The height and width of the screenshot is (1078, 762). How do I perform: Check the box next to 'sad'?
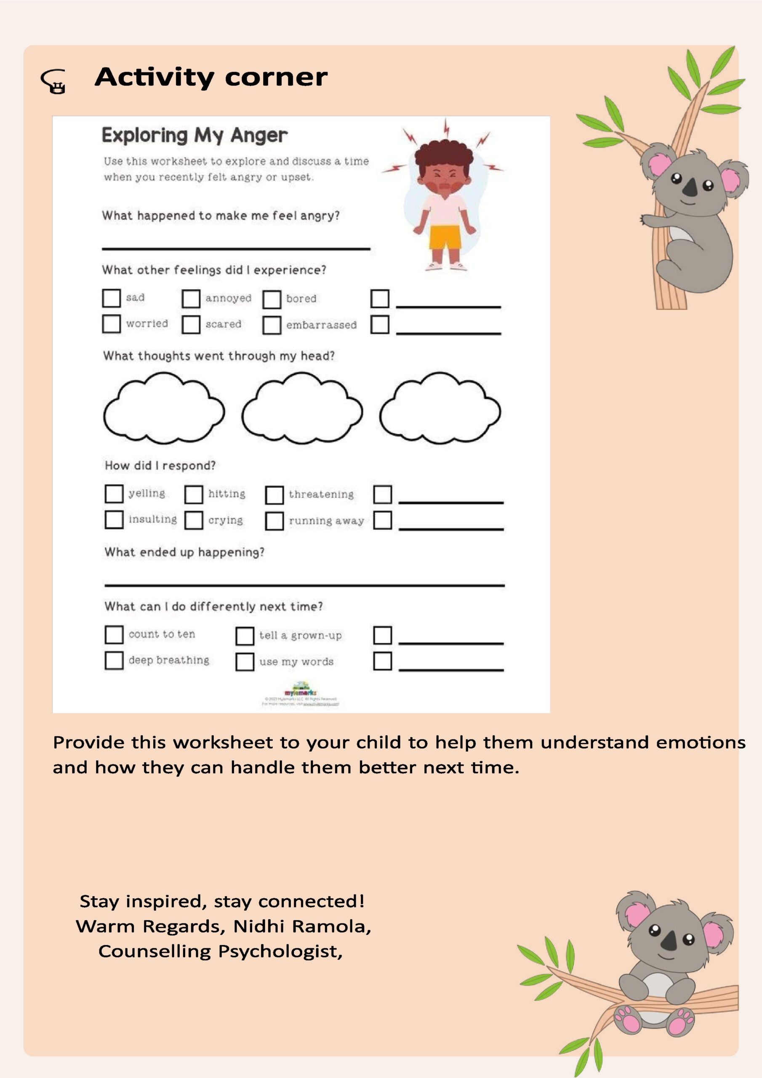(x=111, y=298)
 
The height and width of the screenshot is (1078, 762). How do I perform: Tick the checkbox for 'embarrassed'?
(x=272, y=325)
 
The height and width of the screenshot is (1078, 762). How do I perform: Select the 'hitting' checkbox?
(x=193, y=494)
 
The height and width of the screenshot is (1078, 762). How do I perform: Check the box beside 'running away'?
(x=274, y=521)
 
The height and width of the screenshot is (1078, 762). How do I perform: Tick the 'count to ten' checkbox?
(x=114, y=635)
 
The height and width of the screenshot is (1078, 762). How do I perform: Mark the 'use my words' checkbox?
(x=245, y=662)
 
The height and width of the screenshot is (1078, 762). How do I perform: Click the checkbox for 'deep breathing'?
(x=114, y=660)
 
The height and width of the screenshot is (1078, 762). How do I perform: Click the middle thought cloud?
(x=302, y=410)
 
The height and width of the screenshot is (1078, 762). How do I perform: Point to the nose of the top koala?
(x=690, y=188)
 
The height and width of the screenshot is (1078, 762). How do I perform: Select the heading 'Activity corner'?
(x=211, y=77)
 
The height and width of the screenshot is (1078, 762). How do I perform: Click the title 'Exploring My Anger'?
(x=194, y=136)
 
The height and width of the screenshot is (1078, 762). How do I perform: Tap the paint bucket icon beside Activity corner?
(x=54, y=82)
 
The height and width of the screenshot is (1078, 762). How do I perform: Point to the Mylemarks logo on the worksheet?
(x=301, y=690)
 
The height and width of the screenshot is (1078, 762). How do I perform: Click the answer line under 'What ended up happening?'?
(x=304, y=584)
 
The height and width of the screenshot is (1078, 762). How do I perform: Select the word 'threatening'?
(x=321, y=494)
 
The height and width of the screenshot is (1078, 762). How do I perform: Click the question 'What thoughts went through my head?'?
(x=219, y=356)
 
